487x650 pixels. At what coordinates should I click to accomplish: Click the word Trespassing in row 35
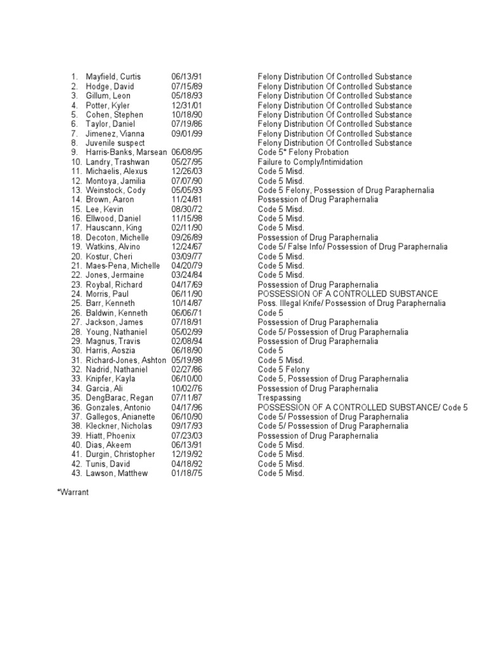click(x=279, y=398)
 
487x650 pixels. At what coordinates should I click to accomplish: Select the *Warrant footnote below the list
click(x=73, y=492)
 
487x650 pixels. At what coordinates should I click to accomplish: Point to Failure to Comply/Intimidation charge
click(x=310, y=162)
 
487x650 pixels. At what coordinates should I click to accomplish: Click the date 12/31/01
click(x=185, y=105)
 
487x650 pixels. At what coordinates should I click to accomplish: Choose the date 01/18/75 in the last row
click(x=185, y=474)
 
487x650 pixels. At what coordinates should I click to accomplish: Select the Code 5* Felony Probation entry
click(x=303, y=152)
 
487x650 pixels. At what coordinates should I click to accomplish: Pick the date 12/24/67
click(x=185, y=247)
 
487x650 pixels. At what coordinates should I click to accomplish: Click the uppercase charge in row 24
click(x=347, y=294)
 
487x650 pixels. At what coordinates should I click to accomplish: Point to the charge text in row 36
click(x=363, y=408)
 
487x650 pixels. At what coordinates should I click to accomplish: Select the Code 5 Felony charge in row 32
click(x=283, y=369)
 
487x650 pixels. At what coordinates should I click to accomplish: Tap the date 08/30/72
click(x=185, y=209)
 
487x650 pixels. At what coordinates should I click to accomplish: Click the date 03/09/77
click(x=185, y=256)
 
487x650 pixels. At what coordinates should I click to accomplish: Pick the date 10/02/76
click(x=185, y=388)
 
